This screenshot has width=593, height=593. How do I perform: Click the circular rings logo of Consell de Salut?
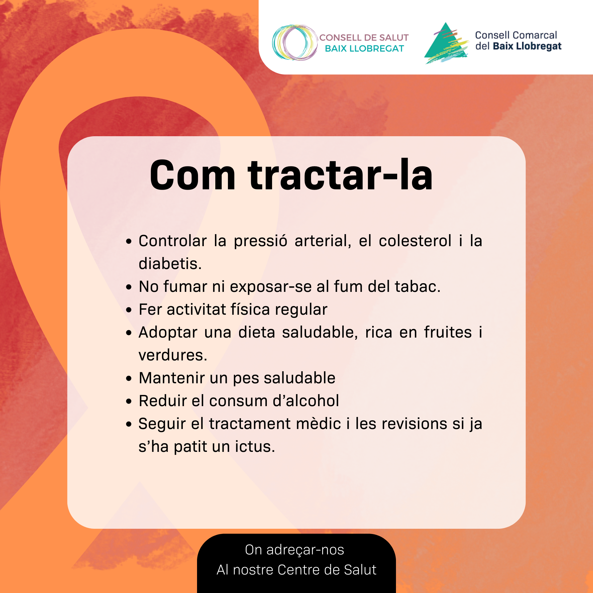295,42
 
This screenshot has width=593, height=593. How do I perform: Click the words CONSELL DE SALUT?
364,38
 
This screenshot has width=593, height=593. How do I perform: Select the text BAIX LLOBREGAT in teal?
364,48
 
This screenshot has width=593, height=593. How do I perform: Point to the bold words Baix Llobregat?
527,46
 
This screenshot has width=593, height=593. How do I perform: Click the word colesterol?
415,241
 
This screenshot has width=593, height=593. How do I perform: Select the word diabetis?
170,264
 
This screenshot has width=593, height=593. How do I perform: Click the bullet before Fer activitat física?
129,310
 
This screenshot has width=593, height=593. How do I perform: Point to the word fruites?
448,332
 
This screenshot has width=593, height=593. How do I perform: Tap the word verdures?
173,355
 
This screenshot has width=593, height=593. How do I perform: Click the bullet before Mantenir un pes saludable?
129,378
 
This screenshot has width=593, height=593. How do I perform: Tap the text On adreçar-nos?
295,550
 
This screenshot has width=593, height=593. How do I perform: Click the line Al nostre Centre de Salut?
296,570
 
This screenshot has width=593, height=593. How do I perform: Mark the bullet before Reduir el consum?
129,401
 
